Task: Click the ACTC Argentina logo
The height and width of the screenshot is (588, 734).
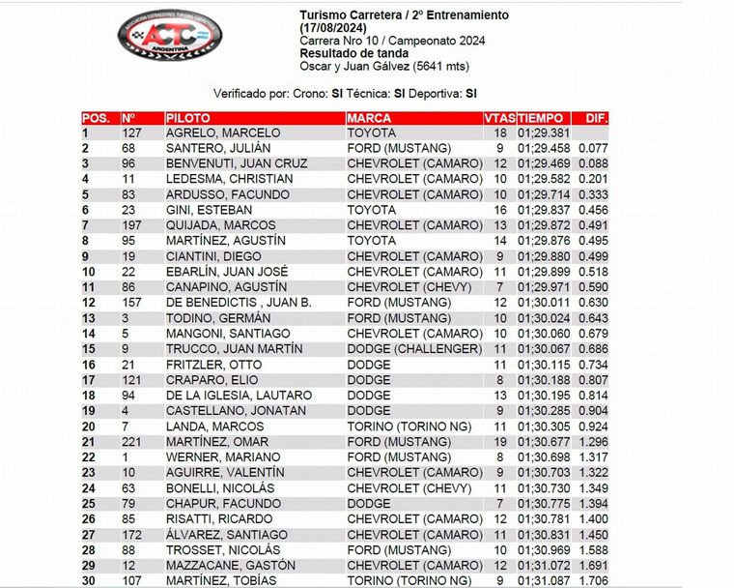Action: coord(169,37)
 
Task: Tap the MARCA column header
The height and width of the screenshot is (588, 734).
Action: coord(370,118)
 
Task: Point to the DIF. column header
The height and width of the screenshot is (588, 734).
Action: coord(596,118)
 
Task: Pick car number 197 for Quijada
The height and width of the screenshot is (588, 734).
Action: coord(132,225)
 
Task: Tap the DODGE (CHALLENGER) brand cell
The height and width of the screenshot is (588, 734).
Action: coord(414,349)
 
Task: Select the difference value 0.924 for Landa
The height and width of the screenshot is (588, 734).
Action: coord(594,426)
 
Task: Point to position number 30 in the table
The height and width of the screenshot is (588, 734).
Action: coord(89,581)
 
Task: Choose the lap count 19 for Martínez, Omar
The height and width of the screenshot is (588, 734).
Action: coord(499,442)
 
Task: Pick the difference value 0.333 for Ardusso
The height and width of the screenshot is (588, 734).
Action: coord(594,194)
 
